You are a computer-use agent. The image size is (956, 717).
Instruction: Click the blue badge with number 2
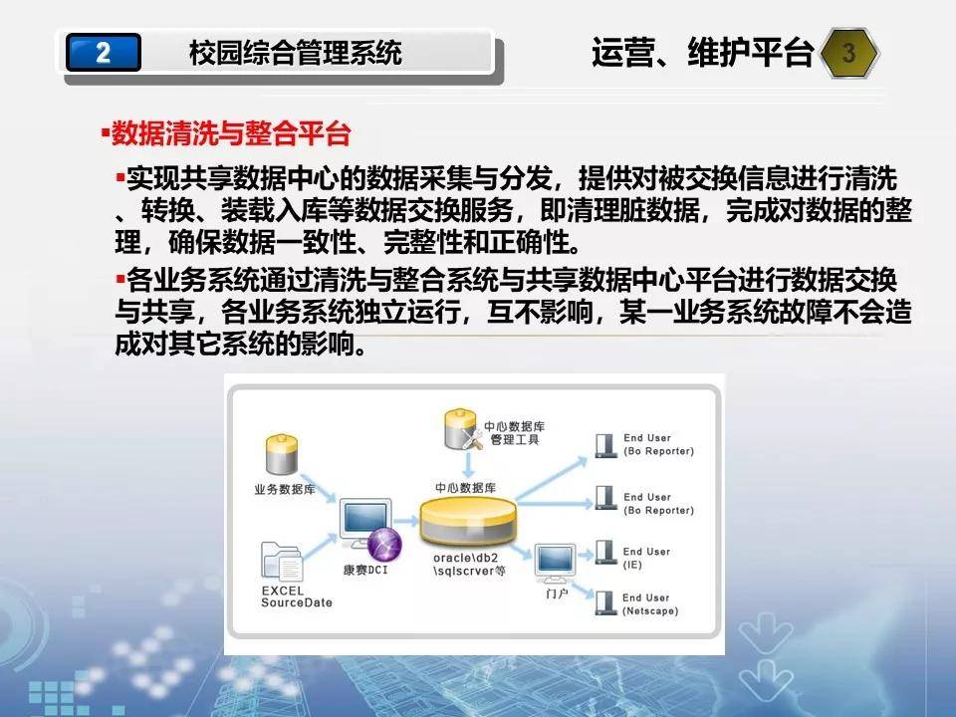(103, 53)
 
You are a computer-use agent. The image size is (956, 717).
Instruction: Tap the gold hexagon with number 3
(849, 53)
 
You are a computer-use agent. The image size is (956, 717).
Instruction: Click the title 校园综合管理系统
(295, 53)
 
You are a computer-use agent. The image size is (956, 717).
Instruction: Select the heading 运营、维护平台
(702, 52)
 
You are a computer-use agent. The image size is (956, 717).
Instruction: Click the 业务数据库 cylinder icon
(281, 454)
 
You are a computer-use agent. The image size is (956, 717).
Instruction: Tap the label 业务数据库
(285, 489)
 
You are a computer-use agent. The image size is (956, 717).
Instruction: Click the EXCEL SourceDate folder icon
(282, 561)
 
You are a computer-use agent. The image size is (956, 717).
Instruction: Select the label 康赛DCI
(365, 570)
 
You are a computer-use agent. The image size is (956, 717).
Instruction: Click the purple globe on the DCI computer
(384, 544)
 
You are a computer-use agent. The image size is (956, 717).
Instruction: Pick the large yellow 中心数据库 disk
(468, 520)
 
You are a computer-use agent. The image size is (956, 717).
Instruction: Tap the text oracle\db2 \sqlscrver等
(469, 565)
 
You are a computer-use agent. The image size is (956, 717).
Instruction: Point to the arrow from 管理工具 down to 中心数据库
(468, 465)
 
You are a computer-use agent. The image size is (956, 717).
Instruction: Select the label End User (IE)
(646, 558)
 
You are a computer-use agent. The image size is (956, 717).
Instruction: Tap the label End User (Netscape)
(650, 604)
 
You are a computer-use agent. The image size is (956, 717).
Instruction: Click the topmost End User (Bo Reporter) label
(658, 444)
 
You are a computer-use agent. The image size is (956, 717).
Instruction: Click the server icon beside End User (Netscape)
(605, 602)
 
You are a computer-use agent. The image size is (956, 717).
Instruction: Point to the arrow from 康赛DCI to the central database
(405, 521)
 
